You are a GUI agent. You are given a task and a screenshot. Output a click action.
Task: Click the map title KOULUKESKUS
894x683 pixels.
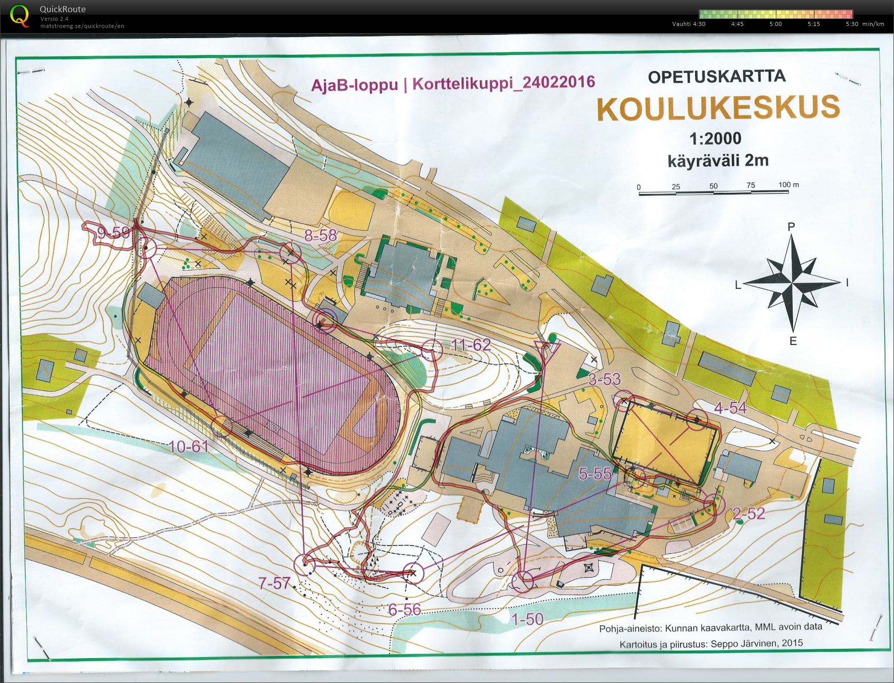[718, 108]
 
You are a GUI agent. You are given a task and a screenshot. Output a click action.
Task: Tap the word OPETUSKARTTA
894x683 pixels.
[717, 76]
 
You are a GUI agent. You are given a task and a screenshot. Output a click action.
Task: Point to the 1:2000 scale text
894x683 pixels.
[715, 138]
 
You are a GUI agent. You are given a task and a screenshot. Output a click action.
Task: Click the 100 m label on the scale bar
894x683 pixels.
[789, 184]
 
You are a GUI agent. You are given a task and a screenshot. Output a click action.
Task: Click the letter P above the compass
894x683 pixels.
[791, 227]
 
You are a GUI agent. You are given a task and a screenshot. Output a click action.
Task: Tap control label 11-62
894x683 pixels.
[471, 346]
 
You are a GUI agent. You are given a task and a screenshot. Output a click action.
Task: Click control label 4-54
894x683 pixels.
[730, 408]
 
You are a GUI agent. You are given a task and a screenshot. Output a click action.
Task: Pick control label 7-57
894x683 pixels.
[274, 583]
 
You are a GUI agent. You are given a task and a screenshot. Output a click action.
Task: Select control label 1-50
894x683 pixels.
[527, 619]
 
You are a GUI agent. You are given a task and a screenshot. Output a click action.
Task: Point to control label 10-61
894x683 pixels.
[188, 447]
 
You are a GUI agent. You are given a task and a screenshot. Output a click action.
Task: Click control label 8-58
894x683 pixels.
[320, 235]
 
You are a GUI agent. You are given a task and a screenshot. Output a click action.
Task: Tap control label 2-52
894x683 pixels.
[748, 514]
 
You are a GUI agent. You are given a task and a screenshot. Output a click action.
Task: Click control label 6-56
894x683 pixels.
[404, 609]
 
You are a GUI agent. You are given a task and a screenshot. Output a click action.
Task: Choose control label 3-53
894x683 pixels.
[605, 379]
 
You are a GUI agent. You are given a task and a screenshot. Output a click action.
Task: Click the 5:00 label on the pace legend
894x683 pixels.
[775, 24]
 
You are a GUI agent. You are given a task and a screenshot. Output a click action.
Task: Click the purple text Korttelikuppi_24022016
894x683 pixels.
[503, 82]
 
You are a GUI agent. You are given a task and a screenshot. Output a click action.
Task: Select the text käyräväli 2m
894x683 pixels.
[718, 161]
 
